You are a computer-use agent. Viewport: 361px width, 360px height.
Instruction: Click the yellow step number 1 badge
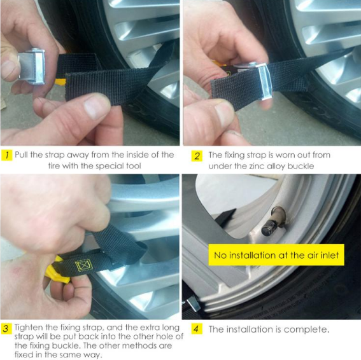coord(6,155)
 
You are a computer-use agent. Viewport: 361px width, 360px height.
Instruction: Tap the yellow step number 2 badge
coord(197,156)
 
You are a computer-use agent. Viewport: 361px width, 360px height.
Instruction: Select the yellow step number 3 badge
coord(6,328)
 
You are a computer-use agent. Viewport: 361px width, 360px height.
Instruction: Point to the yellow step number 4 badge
coord(197,329)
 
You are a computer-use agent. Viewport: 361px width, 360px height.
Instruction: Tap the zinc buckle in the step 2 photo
coord(264,81)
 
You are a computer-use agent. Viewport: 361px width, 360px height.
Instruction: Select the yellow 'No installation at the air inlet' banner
coord(276,255)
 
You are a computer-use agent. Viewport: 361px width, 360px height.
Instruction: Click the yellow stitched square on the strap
coord(84,265)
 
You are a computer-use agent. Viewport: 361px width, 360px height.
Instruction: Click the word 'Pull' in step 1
coord(22,155)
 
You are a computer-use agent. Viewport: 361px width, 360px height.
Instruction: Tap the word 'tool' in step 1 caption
coord(134,166)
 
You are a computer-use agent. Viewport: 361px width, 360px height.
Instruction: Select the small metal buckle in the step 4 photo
coord(193,305)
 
